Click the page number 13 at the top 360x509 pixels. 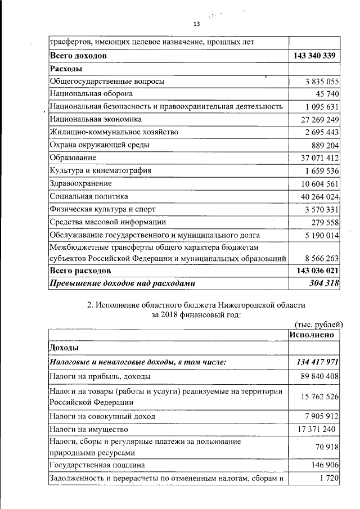(x=196, y=24)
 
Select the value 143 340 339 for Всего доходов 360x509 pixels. (x=314, y=56)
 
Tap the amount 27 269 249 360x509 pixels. (x=317, y=120)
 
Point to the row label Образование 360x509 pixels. (x=73, y=157)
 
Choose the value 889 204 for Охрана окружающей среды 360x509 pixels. (x=323, y=145)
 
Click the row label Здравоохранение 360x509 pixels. (x=80, y=183)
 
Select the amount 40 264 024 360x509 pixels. (x=317, y=196)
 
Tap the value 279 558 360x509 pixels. (x=323, y=222)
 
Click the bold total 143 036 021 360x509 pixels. (x=314, y=271)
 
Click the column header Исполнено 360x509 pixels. (x=312, y=335)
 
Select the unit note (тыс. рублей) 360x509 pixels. (x=318, y=324)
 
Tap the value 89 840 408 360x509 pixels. (x=317, y=376)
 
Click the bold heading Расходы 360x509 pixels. (x=66, y=69)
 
